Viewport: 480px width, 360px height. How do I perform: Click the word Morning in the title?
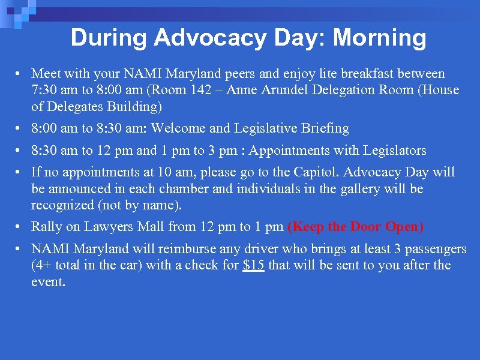pos(379,38)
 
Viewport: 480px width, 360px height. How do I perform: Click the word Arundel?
pos(316,91)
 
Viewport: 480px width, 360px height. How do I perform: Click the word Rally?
pos(46,227)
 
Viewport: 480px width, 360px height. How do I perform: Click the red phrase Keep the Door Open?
pos(356,227)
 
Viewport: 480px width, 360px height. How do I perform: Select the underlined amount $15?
pos(254,266)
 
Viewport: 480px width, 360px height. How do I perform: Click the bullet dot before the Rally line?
pos(20,227)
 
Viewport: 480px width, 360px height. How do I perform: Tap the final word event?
pos(47,282)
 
